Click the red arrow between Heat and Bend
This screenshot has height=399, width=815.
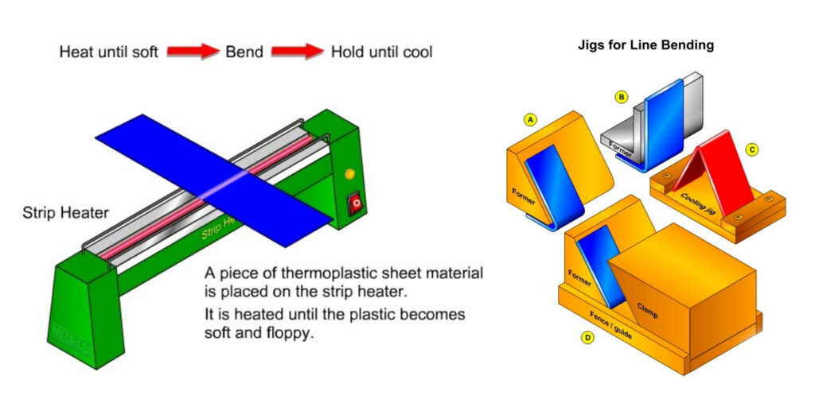[193, 52]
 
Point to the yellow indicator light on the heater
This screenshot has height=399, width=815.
[349, 173]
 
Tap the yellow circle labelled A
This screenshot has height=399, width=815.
[529, 119]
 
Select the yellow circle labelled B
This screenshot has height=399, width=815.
[621, 97]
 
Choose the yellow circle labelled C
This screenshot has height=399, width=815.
[751, 149]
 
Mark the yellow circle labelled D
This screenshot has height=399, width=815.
[587, 336]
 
